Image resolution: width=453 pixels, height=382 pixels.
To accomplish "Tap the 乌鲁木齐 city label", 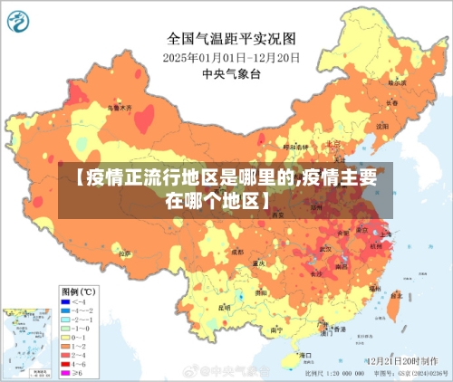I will pos(120,107).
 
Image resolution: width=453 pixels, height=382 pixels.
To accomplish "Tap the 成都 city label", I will pos(237,252).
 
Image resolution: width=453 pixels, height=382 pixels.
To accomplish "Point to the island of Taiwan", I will pos(392,306).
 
